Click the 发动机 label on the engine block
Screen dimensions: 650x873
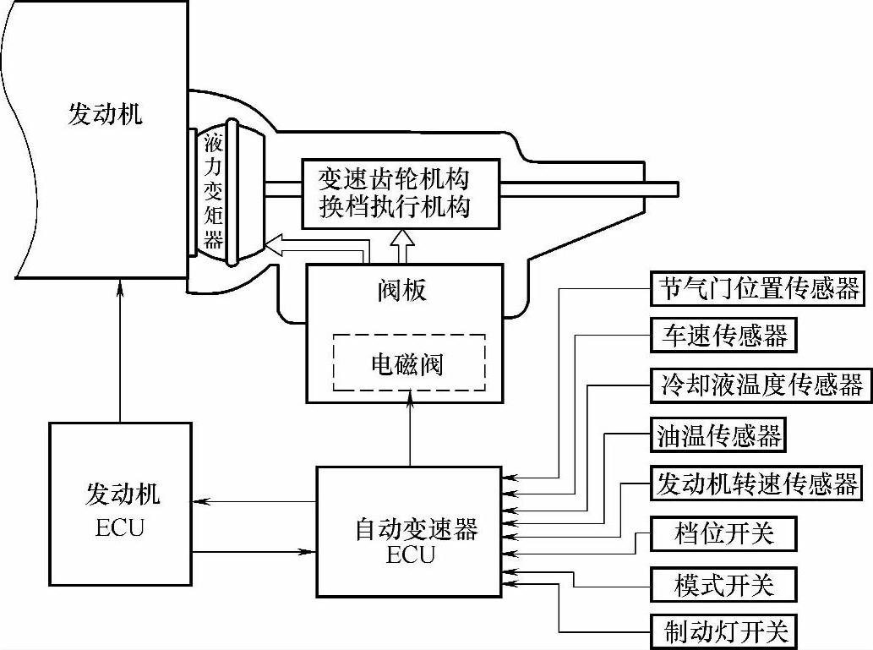[x=105, y=114]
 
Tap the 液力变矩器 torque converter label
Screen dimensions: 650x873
[x=214, y=191]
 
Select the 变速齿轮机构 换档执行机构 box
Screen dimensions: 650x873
[x=395, y=193]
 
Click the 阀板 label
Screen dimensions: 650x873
[x=401, y=290]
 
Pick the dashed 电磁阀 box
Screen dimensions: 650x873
[x=408, y=363]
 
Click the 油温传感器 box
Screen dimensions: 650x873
[x=718, y=435]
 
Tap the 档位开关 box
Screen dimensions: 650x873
[x=724, y=533]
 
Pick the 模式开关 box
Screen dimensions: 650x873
[x=724, y=582]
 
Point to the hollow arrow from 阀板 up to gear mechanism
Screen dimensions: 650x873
[x=403, y=247]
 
